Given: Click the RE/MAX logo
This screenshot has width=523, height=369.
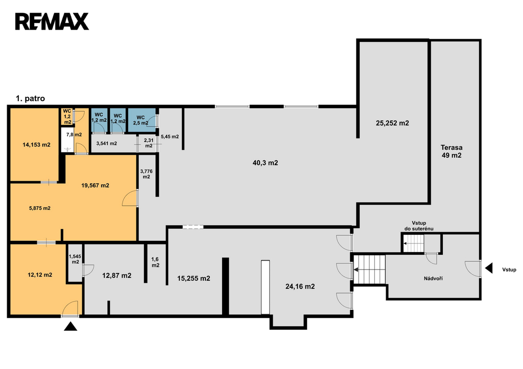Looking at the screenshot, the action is pos(52,21).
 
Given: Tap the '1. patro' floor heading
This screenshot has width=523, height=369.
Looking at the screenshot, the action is pos(30,99).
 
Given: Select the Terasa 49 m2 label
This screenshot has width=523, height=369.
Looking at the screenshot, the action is pos(451,152).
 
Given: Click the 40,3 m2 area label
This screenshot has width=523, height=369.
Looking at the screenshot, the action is pos(265,163).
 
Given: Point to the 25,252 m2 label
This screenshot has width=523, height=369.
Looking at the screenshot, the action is pos(392,123).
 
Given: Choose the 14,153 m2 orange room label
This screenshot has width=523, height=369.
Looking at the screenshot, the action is pos(36,144).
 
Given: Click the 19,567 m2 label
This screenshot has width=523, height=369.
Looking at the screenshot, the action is pos(95,185).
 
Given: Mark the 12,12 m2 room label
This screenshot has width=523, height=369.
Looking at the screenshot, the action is pos(40,275).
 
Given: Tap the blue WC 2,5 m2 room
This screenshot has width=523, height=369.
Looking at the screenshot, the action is pos(142,120).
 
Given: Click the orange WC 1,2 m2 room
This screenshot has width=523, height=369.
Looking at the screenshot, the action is pos(67,116).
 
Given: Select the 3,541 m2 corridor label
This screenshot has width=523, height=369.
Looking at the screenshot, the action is pos(106,143).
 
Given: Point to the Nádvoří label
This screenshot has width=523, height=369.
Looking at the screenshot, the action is pos(433,278).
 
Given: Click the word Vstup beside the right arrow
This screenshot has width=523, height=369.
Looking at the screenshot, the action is pos(509,269).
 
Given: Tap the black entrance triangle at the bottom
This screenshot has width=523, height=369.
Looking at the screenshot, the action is pos(70,326).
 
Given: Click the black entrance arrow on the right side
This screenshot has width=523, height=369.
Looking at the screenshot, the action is pos(489,268).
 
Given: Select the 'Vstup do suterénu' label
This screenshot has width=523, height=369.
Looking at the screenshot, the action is pos(419,226).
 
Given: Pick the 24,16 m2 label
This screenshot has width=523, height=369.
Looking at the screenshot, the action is pos(300,286).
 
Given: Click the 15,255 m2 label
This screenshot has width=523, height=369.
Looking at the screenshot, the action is pos(194,278).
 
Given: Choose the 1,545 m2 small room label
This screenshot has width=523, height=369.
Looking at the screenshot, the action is pos(75,259).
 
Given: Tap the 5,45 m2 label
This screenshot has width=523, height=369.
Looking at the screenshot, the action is pos(170,137).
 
